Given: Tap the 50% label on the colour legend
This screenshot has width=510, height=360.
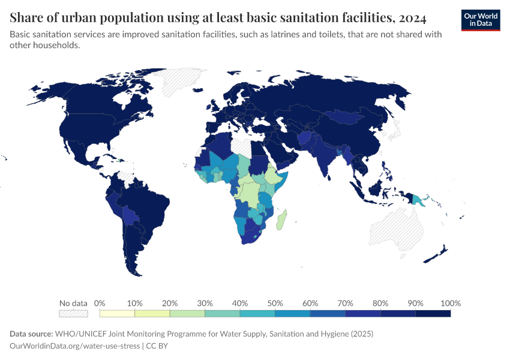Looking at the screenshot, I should pyautogui.click(x=275, y=303).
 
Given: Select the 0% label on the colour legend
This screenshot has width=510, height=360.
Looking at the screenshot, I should pyautogui.click(x=100, y=303).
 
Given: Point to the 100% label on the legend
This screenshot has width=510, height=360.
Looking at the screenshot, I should pyautogui.click(x=450, y=303).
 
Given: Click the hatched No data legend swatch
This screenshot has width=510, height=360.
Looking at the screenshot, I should pyautogui.click(x=73, y=313).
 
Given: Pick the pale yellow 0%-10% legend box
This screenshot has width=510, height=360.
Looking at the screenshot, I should pyautogui.click(x=117, y=313).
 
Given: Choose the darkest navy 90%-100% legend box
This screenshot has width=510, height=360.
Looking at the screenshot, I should pyautogui.click(x=433, y=313).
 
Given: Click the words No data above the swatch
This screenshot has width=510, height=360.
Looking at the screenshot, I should pyautogui.click(x=73, y=303).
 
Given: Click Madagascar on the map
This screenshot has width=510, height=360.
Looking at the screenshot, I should pyautogui.click(x=281, y=220).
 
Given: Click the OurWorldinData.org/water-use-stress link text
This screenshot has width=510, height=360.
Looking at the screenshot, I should pyautogui.click(x=75, y=346).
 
